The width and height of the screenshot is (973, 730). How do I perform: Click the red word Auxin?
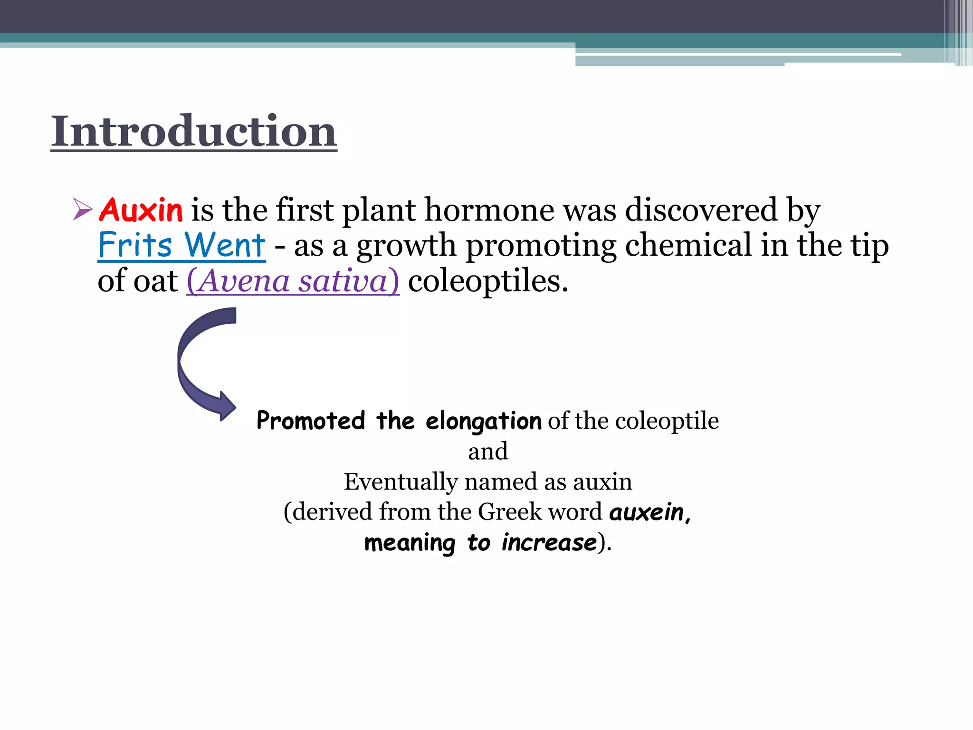[x=141, y=210]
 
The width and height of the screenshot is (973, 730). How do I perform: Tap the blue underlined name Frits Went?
[x=181, y=245]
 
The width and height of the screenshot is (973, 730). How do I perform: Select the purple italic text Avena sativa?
[x=293, y=281]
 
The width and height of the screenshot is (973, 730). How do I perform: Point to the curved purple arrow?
[x=200, y=361]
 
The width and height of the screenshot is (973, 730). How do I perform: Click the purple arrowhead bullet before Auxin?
[x=83, y=210]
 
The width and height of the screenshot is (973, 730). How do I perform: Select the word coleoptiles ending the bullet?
[x=487, y=281]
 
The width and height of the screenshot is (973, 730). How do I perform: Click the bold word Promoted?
[x=311, y=421]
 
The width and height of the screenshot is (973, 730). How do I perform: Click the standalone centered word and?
[x=488, y=451]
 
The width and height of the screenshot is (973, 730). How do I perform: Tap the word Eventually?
[x=400, y=482]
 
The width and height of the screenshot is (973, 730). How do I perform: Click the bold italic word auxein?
[x=649, y=512]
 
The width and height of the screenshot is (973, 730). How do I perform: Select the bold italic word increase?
[x=549, y=543]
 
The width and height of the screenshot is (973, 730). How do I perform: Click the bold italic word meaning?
[x=410, y=543]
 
